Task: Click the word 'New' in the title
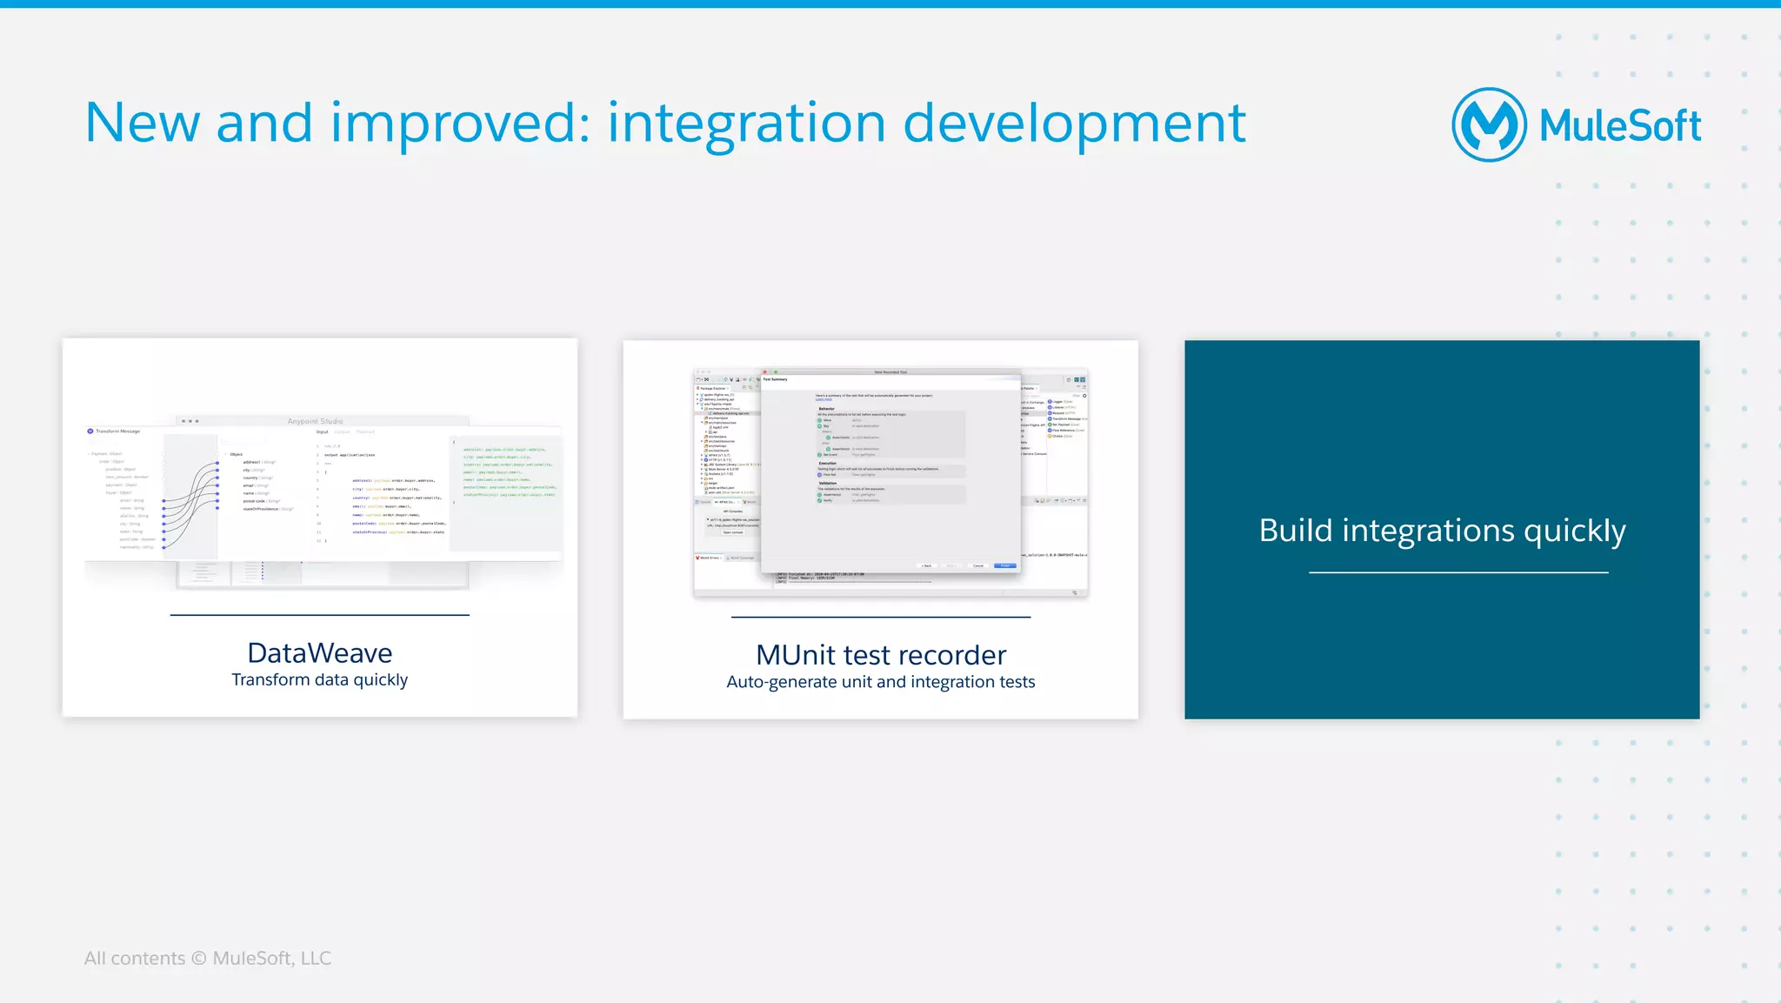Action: point(142,124)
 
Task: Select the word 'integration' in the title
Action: point(746,124)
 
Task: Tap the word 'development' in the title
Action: point(1074,124)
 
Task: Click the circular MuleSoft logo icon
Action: point(1489,124)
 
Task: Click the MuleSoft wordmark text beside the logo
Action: point(1619,126)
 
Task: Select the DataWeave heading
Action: point(319,652)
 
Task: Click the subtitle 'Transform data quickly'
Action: point(319,680)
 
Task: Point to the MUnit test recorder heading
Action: point(880,654)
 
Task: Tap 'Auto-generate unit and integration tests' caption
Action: point(880,682)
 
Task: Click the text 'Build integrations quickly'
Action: point(1441,531)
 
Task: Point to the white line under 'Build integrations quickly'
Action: point(1457,572)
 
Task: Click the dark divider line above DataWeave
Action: point(319,615)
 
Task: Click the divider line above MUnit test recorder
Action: point(880,617)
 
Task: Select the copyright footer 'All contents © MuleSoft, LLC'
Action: point(207,959)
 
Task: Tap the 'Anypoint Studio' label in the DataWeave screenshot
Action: point(315,421)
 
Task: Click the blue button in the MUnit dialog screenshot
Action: point(1004,565)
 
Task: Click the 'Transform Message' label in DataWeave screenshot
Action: point(117,431)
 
